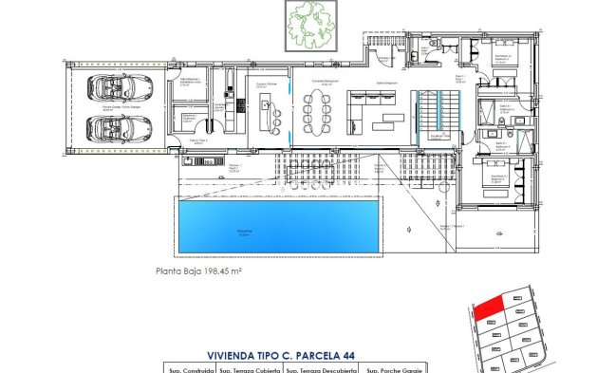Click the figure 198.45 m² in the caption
[x=221, y=270]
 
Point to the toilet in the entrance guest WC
[x=414, y=52]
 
